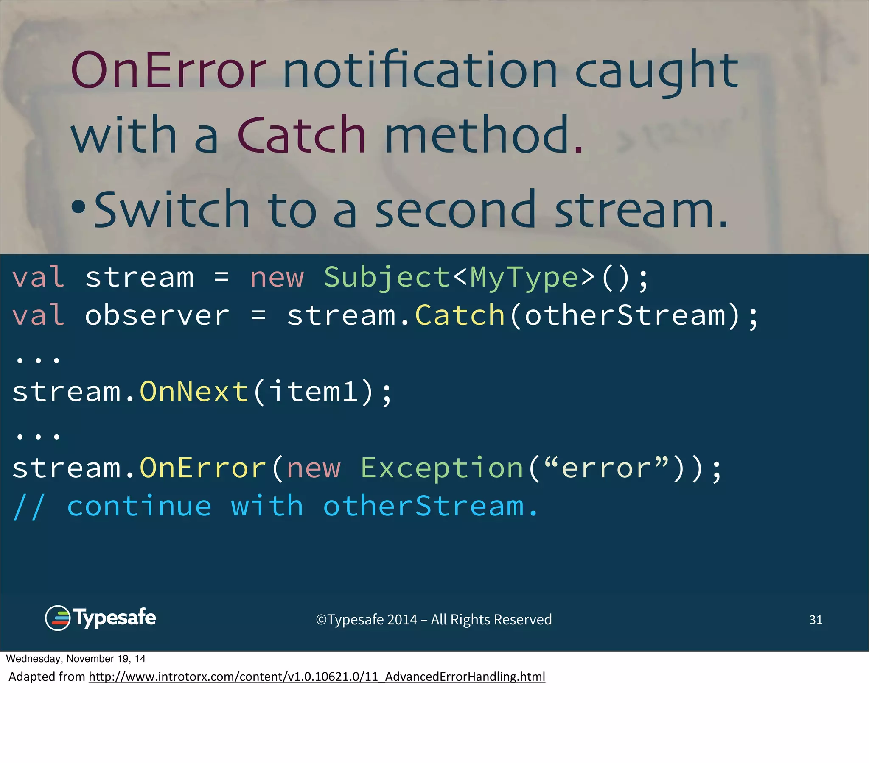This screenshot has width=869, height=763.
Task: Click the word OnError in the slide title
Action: (168, 70)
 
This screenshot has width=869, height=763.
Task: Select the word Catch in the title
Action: (301, 135)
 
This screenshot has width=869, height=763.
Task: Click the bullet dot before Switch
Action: (78, 207)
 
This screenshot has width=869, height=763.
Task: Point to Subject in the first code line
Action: (387, 278)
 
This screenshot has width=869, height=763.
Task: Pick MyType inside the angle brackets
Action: (524, 278)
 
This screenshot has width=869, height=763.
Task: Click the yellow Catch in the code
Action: (460, 316)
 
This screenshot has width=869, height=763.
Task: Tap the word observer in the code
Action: (157, 316)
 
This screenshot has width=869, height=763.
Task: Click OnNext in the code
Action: (194, 392)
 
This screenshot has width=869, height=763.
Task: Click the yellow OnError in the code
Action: (203, 468)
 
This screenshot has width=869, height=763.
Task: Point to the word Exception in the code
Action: (441, 468)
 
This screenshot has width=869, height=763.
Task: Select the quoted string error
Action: (606, 468)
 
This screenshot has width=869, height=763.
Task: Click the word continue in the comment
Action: (139, 507)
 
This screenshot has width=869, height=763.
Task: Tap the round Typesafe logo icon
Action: (57, 618)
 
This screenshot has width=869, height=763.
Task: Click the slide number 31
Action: (816, 620)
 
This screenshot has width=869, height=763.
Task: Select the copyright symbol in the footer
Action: (321, 620)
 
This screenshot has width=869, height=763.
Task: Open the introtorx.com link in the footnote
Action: (317, 677)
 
